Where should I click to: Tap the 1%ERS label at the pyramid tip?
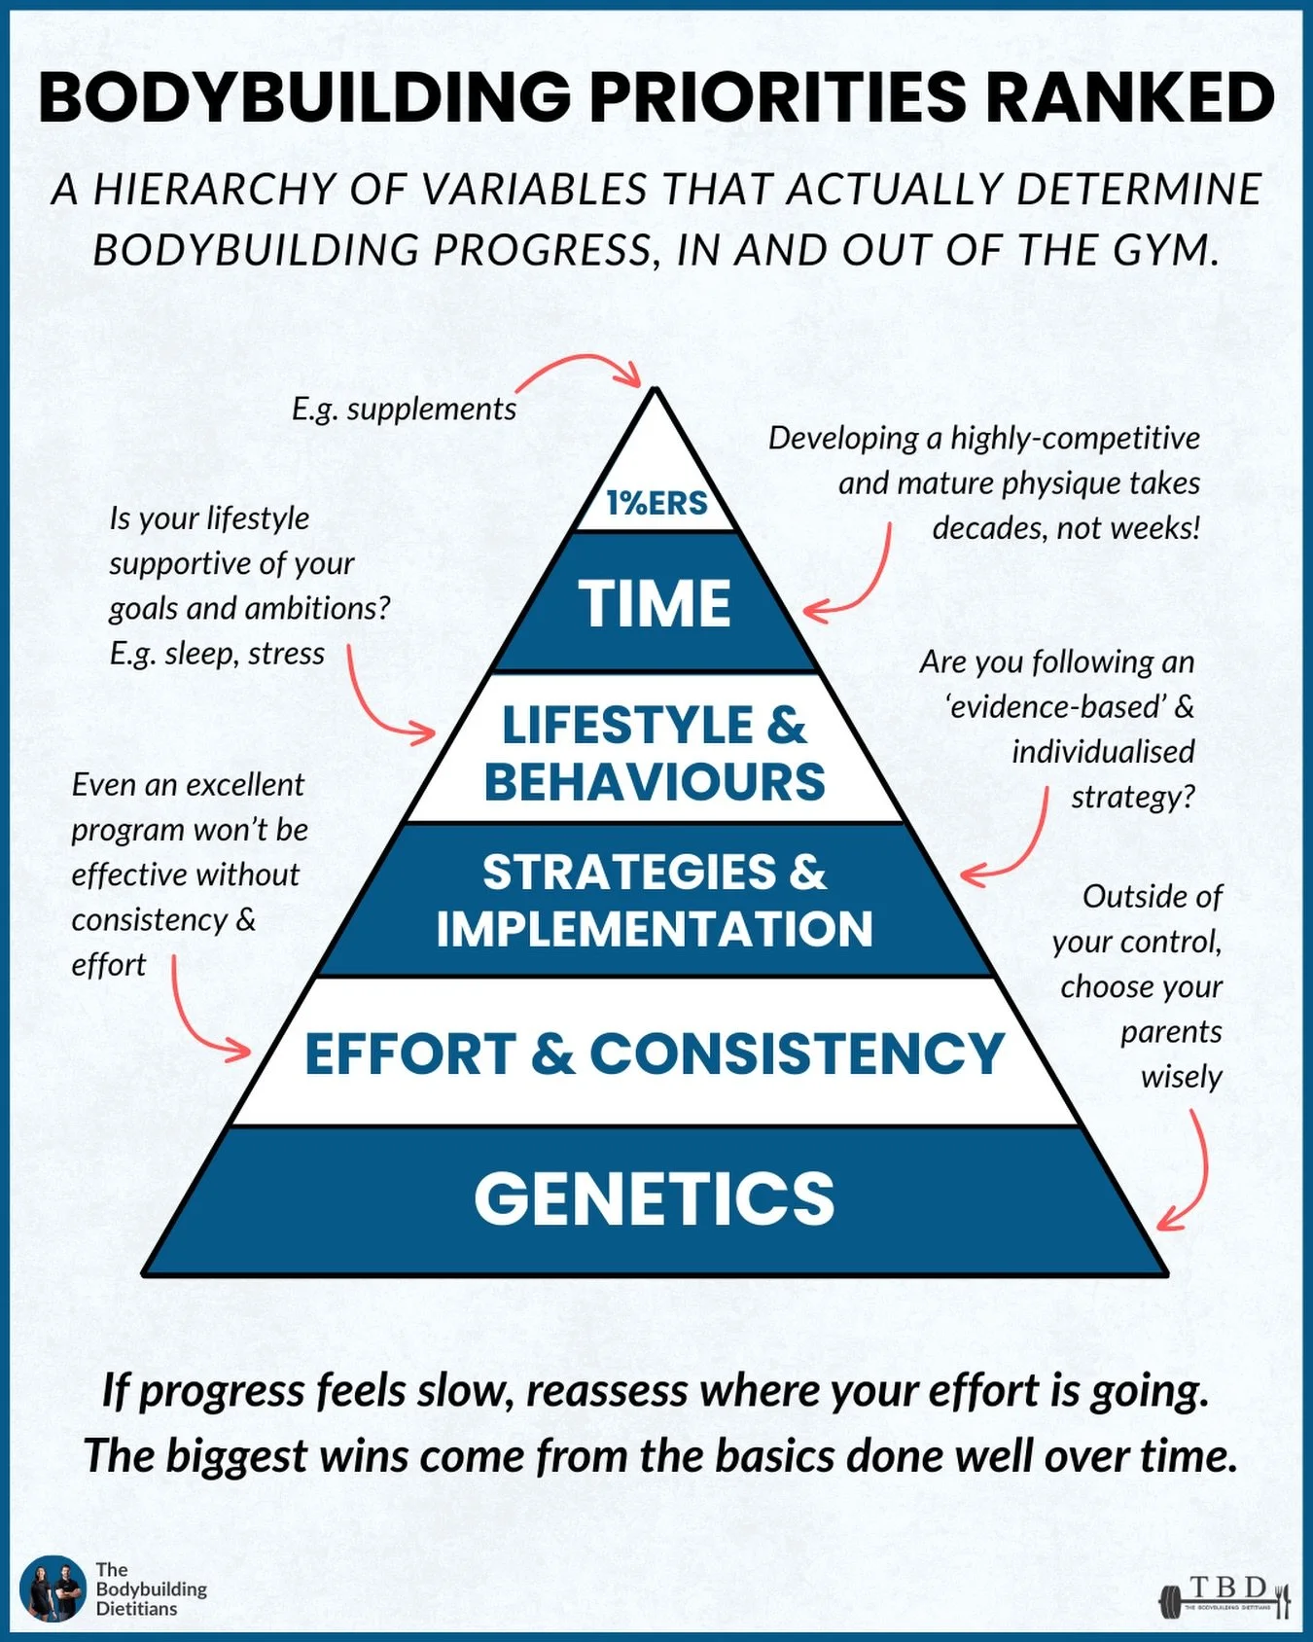point(656,503)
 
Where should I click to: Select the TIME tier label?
point(655,603)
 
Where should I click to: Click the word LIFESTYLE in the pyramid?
point(627,726)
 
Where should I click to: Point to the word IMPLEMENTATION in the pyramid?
point(655,929)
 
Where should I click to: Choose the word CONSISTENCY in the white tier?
point(797,1053)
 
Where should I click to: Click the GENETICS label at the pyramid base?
point(655,1198)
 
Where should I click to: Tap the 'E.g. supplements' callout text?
point(404,410)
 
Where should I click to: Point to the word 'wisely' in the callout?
point(1181,1077)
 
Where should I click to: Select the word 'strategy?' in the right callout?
point(1132,797)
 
